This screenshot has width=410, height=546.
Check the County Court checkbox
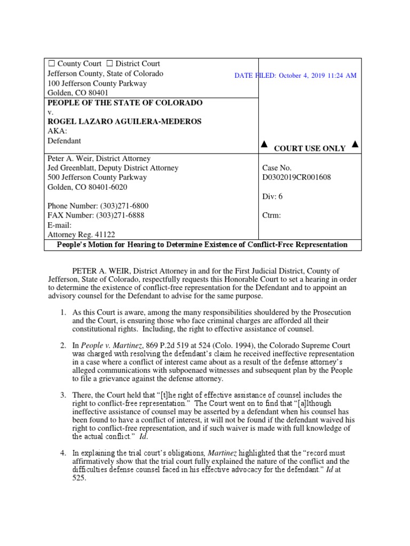coord(51,64)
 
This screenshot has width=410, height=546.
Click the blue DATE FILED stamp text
coord(295,76)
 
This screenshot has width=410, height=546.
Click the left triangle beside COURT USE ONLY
coord(263,144)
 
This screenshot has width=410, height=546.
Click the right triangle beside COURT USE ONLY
coord(355,144)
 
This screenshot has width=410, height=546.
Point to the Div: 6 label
coord(273,196)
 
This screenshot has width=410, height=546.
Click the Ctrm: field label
coord(272,215)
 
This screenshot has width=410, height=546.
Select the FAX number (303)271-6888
coord(120,215)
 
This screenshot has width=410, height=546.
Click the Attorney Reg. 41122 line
coord(81,235)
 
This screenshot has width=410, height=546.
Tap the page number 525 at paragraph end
coord(78,463)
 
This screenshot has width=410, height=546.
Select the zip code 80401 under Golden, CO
coord(96,93)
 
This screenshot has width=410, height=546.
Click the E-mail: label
coord(59,225)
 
